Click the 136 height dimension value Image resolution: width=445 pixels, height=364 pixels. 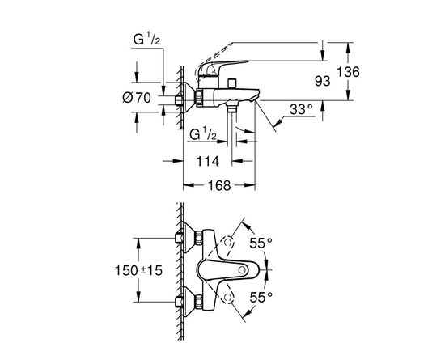point(348,72)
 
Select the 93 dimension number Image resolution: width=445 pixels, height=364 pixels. point(322,81)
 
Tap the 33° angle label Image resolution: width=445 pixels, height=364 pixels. point(301,109)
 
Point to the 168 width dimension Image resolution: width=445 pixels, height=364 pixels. point(219,185)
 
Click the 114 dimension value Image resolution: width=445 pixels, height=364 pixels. point(208,162)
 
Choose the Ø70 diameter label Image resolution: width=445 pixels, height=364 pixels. point(137,98)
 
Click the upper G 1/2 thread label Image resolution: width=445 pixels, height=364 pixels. point(146,40)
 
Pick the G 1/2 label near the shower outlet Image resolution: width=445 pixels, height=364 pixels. point(203,134)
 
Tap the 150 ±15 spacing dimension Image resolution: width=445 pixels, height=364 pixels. point(138,270)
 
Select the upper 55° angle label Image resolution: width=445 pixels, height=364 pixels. point(261,243)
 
